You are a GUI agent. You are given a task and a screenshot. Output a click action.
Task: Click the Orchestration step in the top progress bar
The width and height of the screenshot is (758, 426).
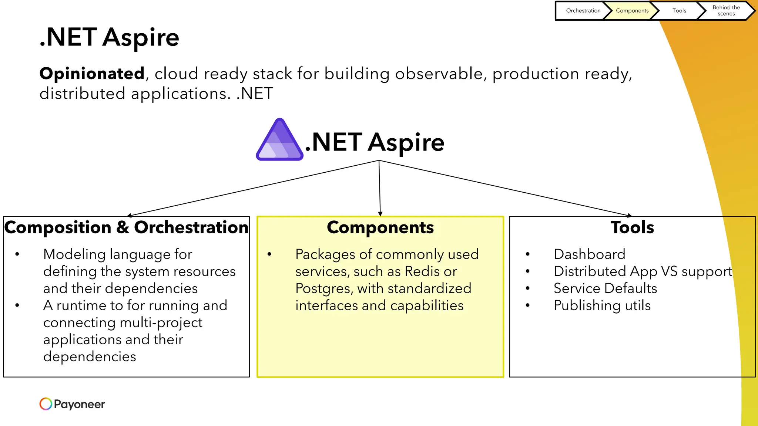pos(583,11)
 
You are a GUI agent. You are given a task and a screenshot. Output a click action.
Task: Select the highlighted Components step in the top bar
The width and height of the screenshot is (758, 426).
pos(632,11)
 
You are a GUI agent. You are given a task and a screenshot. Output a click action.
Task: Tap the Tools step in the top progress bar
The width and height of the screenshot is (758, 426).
pos(679,11)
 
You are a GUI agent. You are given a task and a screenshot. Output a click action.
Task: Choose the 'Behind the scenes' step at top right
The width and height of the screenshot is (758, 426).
pos(726,11)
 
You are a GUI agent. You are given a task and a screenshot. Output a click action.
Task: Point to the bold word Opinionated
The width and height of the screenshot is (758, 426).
pos(92,74)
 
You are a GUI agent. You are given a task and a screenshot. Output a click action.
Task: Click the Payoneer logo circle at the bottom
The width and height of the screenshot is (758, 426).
pos(46,404)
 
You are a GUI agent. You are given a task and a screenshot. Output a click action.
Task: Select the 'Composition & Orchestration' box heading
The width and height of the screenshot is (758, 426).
pos(126,227)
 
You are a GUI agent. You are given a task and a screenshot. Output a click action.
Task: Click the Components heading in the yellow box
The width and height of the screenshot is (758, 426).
pos(380,227)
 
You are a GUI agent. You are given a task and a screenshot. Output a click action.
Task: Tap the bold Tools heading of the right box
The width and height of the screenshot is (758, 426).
pos(632,227)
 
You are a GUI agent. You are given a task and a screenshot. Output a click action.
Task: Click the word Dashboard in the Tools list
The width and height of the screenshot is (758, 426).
pos(589,254)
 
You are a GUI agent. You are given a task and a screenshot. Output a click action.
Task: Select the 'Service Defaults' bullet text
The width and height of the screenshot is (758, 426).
pos(605,288)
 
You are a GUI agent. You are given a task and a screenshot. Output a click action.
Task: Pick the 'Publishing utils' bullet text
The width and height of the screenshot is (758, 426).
pos(602,305)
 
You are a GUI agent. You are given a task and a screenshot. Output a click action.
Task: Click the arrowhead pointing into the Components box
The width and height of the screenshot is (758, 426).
pos(380,214)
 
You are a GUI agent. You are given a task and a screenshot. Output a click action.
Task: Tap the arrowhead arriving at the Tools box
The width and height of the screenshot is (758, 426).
pos(629,215)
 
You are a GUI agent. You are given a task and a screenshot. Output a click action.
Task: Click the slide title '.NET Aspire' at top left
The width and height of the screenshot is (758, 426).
pos(109,37)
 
